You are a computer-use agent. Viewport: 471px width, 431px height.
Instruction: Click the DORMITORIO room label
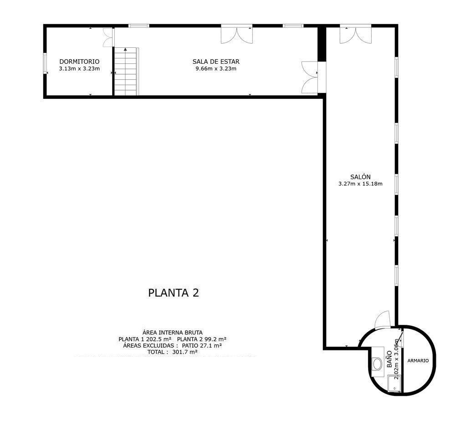pyautogui.click(x=79, y=62)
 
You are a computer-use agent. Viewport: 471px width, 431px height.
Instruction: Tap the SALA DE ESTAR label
pyautogui.click(x=216, y=62)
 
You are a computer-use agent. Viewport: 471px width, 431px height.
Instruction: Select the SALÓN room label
pyautogui.click(x=360, y=177)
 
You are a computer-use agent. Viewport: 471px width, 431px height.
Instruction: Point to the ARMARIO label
pyautogui.click(x=418, y=361)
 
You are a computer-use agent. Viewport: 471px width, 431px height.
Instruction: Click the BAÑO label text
pyautogui.click(x=389, y=359)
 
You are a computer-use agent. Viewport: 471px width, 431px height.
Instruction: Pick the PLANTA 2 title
pyautogui.click(x=174, y=292)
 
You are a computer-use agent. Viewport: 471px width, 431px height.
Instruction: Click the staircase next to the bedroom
pyautogui.click(x=126, y=72)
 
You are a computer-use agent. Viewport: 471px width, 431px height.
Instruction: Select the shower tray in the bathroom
pyautogui.click(x=394, y=384)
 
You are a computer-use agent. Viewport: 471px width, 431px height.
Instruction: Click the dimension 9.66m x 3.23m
pyautogui.click(x=216, y=69)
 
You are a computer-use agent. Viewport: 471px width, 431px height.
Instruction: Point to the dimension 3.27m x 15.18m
pyautogui.click(x=360, y=184)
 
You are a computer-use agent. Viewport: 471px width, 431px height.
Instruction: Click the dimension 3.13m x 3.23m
pyautogui.click(x=79, y=69)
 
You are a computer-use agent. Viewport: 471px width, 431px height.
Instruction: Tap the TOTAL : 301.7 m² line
pyautogui.click(x=173, y=352)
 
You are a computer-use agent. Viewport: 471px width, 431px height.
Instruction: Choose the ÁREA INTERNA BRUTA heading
pyautogui.click(x=173, y=333)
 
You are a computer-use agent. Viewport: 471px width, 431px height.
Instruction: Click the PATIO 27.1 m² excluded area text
pyautogui.click(x=202, y=346)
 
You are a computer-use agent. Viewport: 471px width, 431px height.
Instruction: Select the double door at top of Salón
pyautogui.click(x=356, y=35)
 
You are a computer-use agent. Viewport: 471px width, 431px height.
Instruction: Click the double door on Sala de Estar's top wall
pyautogui.click(x=237, y=35)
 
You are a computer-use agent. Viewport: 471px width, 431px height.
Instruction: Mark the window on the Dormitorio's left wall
pyautogui.click(x=45, y=63)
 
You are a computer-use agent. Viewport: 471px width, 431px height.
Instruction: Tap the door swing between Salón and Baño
pyautogui.click(x=382, y=318)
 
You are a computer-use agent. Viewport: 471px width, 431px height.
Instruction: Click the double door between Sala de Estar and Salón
pyautogui.click(x=309, y=77)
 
